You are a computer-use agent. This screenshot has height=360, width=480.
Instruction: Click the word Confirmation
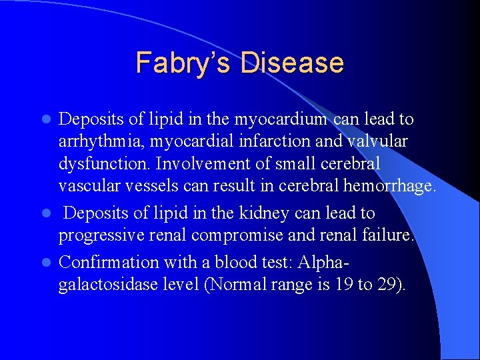(109, 262)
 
